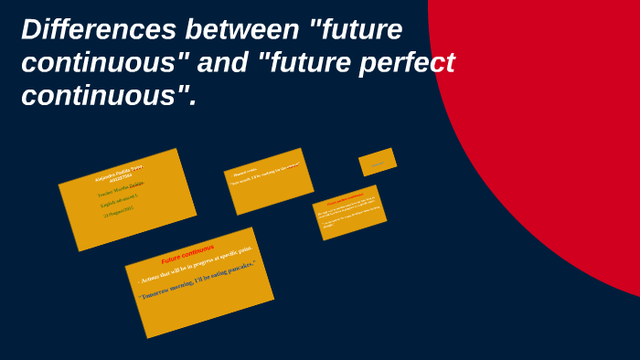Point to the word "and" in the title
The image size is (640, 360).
(x=219, y=63)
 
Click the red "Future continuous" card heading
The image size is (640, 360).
(x=187, y=253)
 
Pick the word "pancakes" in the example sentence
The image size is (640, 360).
(x=238, y=270)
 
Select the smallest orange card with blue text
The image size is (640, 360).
(x=378, y=162)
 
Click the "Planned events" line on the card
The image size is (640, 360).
(x=246, y=172)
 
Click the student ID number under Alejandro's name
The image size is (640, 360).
(x=120, y=176)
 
